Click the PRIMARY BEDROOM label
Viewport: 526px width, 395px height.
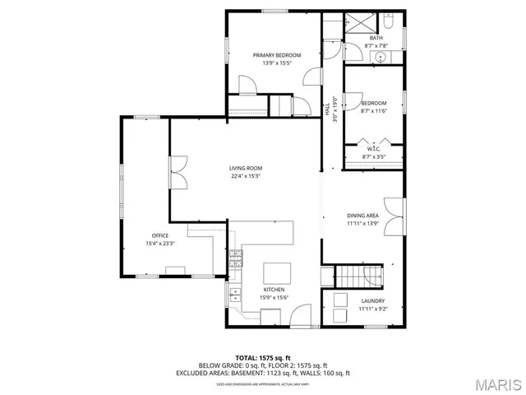(276, 55)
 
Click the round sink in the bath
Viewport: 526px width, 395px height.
(381, 57)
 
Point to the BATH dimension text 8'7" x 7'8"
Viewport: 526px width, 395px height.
(376, 46)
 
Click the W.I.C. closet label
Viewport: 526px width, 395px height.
(372, 149)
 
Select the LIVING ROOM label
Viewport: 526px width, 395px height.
(245, 168)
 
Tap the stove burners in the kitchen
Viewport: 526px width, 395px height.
(236, 259)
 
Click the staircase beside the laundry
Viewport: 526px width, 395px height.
(362, 277)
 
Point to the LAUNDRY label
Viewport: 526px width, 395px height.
(372, 301)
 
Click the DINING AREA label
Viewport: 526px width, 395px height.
(362, 216)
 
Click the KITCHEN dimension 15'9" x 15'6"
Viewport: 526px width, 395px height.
(274, 297)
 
